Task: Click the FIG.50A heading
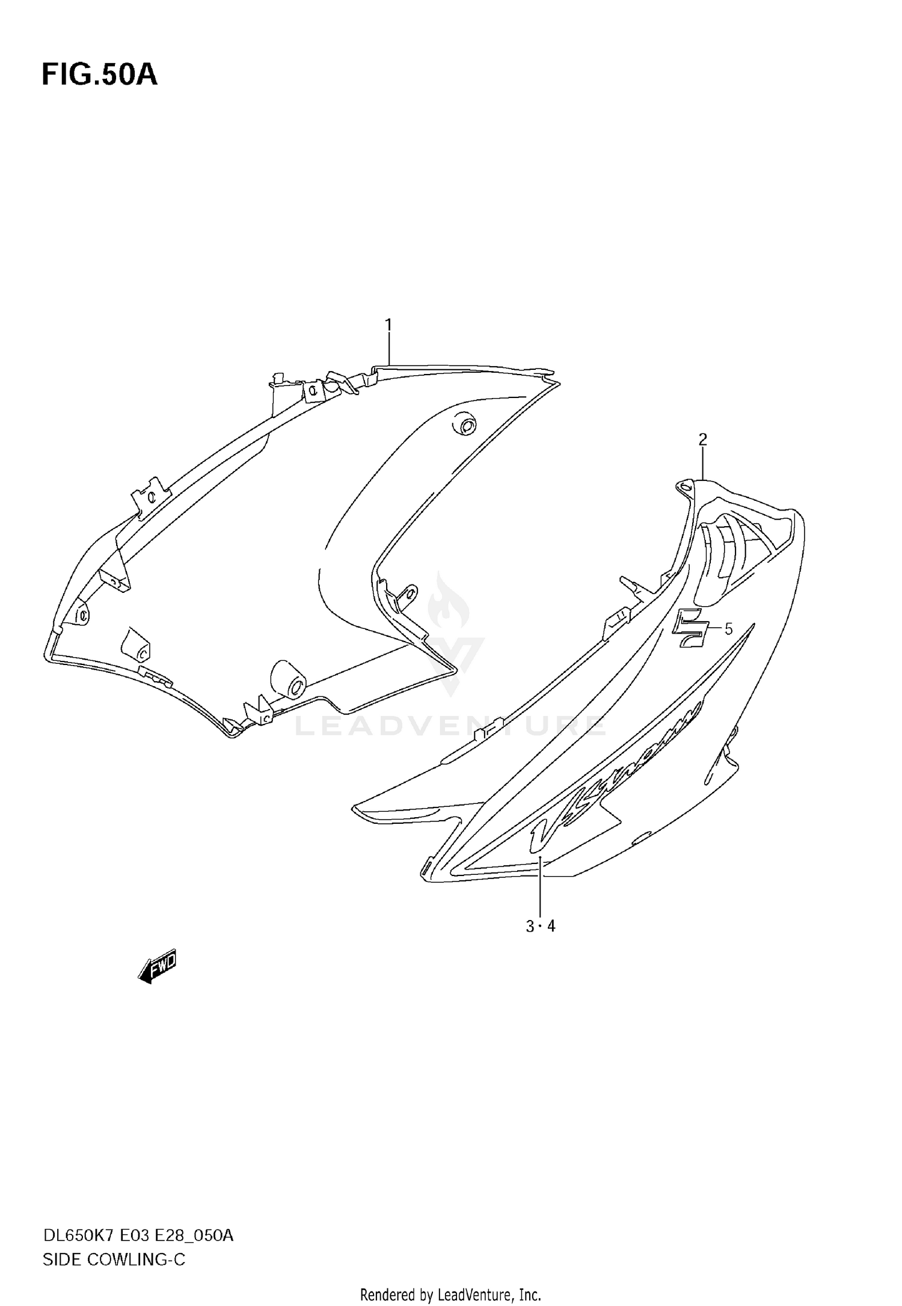[x=99, y=75]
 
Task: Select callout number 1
[x=388, y=325]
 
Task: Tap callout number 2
[x=702, y=440]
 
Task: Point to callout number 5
[x=728, y=630]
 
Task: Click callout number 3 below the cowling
[x=530, y=927]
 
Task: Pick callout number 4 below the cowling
[x=551, y=927]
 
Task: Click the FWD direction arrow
[x=157, y=966]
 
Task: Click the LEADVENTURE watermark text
[x=450, y=726]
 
